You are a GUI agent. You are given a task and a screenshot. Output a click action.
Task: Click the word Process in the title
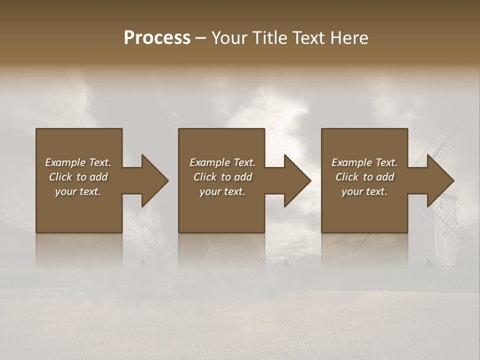click(x=157, y=38)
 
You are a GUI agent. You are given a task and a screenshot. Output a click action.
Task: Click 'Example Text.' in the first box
click(x=78, y=162)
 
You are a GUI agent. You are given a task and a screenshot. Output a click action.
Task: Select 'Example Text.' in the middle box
click(x=222, y=162)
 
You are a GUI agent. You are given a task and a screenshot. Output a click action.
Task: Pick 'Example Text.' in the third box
click(x=364, y=162)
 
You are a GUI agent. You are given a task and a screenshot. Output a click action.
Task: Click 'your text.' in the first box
click(x=78, y=191)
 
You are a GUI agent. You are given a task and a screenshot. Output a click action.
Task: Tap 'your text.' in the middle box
click(x=222, y=191)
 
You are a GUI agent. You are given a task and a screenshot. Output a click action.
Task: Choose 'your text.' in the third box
click(x=364, y=191)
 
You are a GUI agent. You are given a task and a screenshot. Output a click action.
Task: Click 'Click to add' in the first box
click(x=78, y=177)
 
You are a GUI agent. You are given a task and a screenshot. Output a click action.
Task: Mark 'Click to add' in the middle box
click(x=222, y=177)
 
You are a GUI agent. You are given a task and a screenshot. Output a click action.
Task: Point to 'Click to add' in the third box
click(x=364, y=177)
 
